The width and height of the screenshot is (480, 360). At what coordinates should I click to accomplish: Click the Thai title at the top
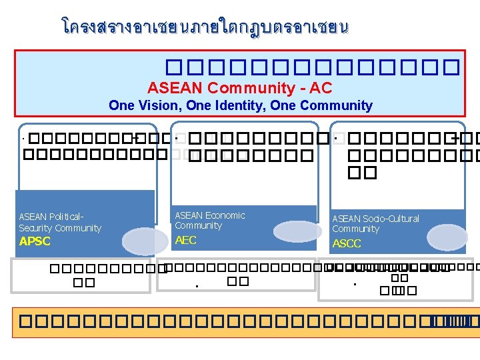205,27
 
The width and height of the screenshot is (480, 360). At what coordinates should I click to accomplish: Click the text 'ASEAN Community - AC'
240,88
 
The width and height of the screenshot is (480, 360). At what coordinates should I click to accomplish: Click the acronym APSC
35,241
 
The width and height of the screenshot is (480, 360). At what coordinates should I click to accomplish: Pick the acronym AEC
185,240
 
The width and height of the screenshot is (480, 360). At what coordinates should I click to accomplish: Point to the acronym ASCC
347,243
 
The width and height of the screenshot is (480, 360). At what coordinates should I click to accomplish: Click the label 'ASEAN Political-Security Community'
60,223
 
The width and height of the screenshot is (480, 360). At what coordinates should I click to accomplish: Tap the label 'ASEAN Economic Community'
209,220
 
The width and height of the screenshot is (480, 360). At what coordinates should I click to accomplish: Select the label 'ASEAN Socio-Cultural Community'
375,223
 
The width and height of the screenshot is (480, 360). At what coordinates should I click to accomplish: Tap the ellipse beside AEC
297,231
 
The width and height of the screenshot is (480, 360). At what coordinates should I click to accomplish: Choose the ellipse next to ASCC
456,237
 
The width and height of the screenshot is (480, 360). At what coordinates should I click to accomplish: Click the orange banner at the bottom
245,322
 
